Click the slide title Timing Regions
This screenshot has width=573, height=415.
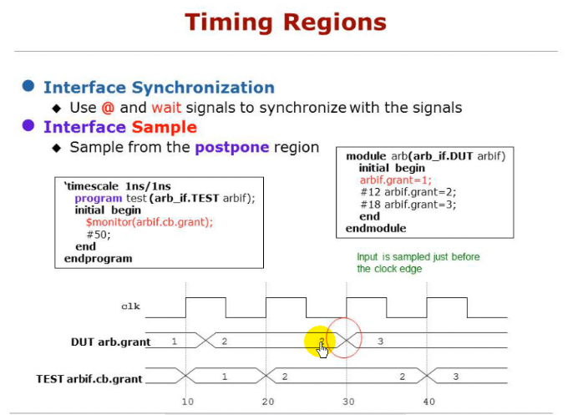tap(286, 22)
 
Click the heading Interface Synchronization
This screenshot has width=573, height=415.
tap(159, 88)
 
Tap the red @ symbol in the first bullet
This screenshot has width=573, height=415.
tap(108, 108)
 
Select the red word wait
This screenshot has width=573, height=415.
tap(166, 108)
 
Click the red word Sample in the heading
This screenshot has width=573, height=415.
tap(164, 127)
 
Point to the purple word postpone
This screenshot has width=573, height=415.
tap(232, 147)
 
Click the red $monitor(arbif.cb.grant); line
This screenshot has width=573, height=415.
tap(149, 222)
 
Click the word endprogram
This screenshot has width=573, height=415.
tap(98, 259)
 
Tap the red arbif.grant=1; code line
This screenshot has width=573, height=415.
tap(397, 180)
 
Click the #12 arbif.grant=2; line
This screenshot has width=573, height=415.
tap(408, 191)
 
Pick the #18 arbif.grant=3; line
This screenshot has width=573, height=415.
tap(408, 204)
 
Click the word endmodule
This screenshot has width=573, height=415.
tap(376, 228)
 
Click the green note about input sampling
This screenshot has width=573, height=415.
tap(418, 263)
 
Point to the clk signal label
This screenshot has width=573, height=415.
tap(131, 306)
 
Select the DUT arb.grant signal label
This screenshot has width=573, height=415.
tap(110, 342)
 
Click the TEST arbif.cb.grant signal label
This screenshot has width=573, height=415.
tap(89, 378)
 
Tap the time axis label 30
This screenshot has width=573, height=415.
tap(347, 402)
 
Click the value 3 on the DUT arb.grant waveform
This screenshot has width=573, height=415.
tap(380, 342)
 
